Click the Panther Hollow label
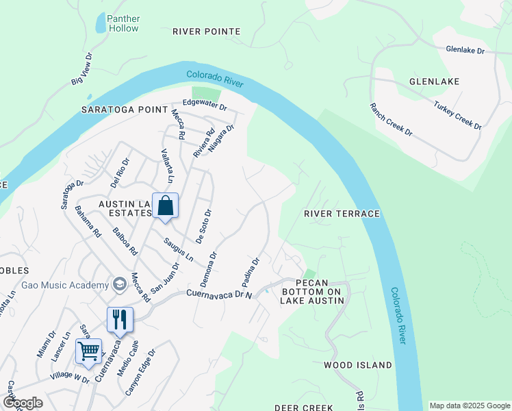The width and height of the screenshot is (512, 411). click(x=123, y=23)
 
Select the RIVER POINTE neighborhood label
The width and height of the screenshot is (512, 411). click(x=206, y=32)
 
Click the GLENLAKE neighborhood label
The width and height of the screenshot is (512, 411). click(x=434, y=82)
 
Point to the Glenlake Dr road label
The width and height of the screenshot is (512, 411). click(x=465, y=51)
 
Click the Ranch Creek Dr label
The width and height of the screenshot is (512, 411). click(x=391, y=119)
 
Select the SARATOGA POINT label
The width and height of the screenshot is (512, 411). click(x=124, y=110)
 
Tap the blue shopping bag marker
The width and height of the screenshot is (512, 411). click(x=165, y=206)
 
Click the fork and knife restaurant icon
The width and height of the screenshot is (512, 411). click(x=119, y=318)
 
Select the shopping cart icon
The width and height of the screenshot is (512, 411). click(x=89, y=351)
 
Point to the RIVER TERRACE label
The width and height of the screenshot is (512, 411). click(x=342, y=214)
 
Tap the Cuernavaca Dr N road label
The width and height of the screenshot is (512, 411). click(x=220, y=295)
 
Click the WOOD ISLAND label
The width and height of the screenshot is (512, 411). click(x=358, y=365)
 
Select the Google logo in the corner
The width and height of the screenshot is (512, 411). click(x=23, y=403)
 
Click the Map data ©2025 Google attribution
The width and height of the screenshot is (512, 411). click(x=470, y=406)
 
